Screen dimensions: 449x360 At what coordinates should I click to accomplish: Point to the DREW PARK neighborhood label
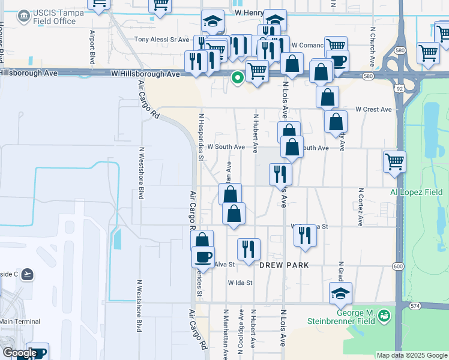coord(284,265)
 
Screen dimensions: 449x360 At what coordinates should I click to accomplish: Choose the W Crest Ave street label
coord(373,110)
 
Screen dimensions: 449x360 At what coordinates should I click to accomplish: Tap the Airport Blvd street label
coord(93,47)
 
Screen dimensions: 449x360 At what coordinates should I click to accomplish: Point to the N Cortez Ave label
coord(361,207)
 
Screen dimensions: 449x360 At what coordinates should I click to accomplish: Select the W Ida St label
coord(240,283)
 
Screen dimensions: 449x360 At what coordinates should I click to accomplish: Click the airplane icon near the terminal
coord(26,274)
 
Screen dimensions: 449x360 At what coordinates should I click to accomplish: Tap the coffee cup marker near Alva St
coord(203,256)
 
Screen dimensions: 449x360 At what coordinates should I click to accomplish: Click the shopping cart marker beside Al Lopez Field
coord(394,161)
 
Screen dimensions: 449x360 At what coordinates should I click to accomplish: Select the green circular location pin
coord(238,77)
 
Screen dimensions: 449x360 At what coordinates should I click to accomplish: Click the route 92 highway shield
coord(399,88)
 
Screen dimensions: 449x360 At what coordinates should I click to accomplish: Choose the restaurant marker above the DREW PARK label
coord(249,248)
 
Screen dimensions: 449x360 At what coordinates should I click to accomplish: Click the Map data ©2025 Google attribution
coord(412,355)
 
